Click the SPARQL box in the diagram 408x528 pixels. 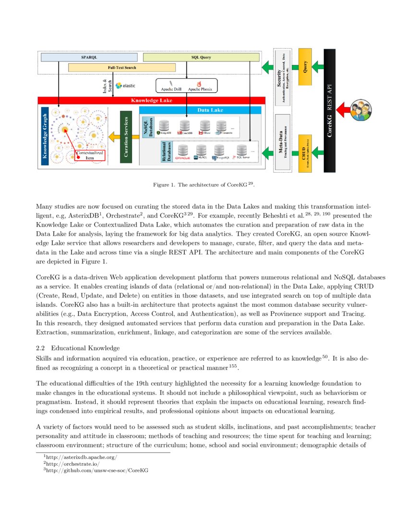(89, 57)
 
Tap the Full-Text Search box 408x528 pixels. (121, 68)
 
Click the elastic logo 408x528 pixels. (126, 85)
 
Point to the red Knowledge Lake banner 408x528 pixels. (151, 100)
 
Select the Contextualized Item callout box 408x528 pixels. (90, 155)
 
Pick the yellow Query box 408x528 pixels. (305, 67)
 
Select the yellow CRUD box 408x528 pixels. (305, 153)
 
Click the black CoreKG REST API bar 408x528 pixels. (329, 110)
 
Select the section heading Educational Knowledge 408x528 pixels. (78, 348)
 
